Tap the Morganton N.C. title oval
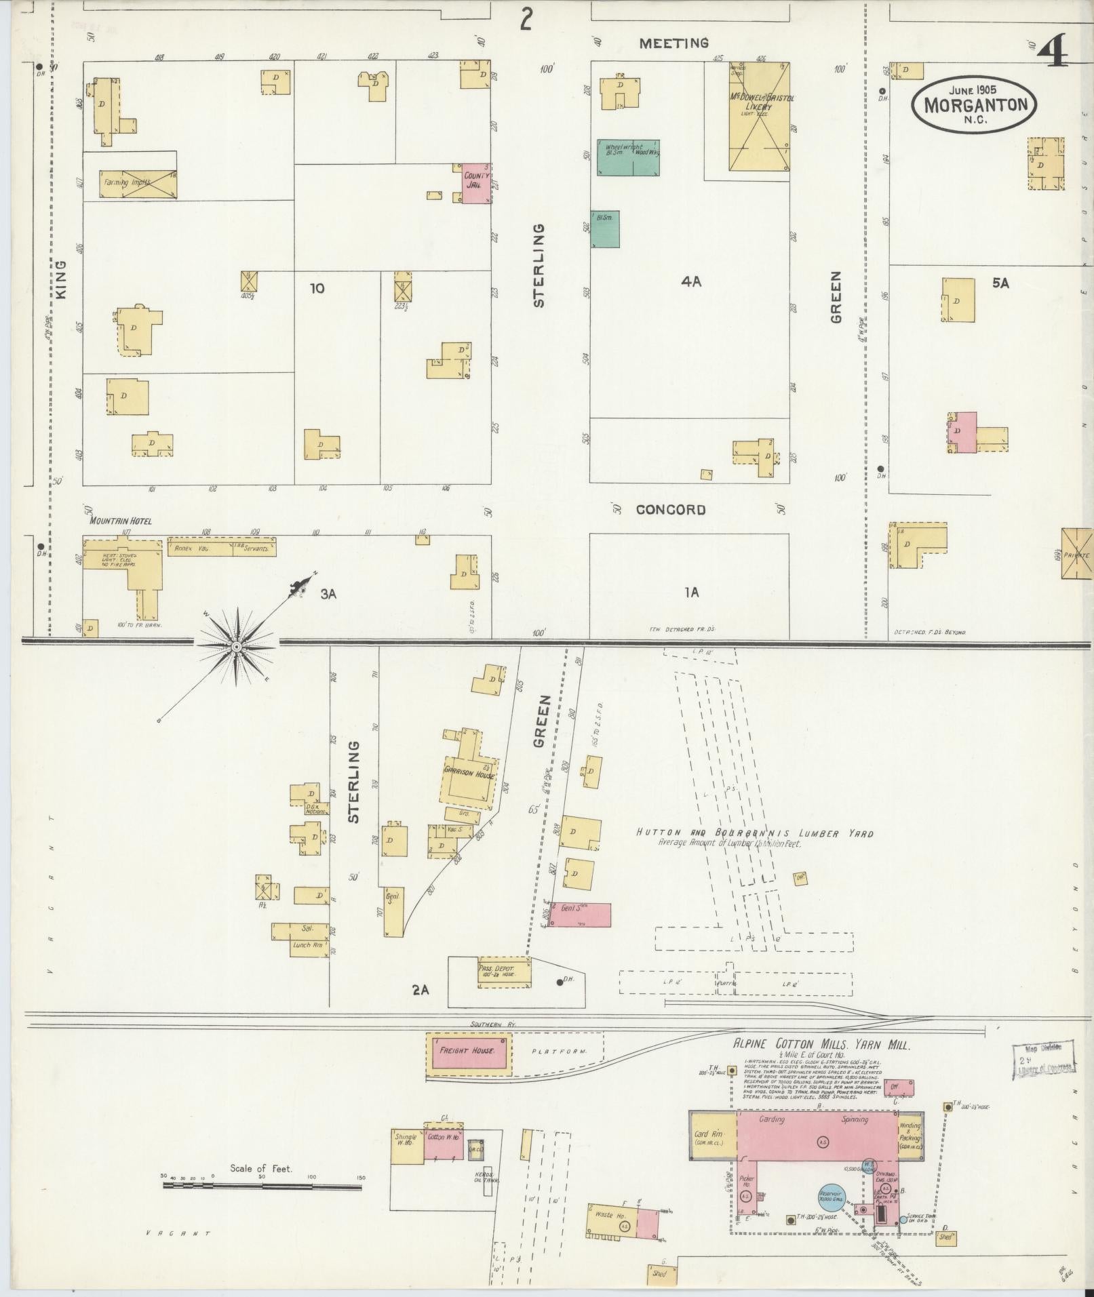973,104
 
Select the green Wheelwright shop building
627,157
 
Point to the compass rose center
236,647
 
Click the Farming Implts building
138,184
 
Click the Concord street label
670,509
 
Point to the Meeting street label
674,43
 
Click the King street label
61,280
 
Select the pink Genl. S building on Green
580,915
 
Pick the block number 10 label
317,288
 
